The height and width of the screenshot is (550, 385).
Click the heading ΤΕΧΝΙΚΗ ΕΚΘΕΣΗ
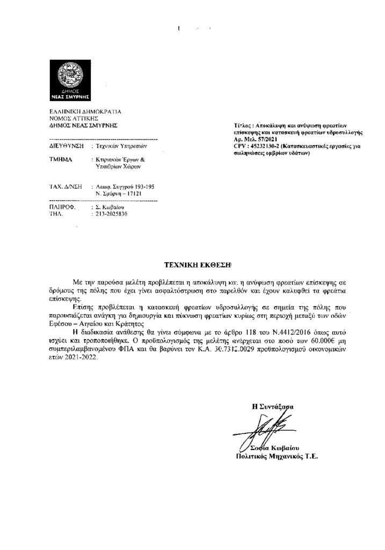coord(197,265)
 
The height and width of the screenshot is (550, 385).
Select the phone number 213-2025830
coord(112,213)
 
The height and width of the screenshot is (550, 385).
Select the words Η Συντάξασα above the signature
coord(273,407)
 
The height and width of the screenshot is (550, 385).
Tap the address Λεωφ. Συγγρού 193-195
coord(125,186)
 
